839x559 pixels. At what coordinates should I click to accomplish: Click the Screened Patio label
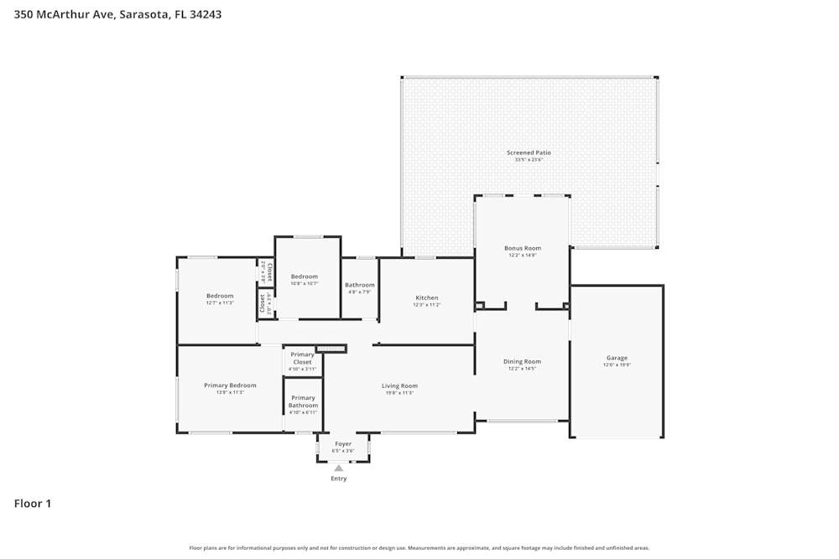529,153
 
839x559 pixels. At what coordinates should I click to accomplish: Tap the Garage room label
617,358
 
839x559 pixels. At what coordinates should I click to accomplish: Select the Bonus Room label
522,248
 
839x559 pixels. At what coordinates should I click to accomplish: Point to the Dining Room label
521,361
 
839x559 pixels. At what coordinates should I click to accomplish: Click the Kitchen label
426,298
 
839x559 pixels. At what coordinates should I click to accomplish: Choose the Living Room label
399,386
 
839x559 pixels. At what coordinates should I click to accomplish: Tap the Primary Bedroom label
230,385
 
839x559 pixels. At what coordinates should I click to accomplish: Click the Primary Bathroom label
303,401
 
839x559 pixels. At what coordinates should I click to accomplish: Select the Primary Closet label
302,358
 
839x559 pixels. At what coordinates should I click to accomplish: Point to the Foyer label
343,443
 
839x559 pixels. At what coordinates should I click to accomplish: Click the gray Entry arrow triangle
339,468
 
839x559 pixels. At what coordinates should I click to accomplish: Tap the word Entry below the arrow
339,479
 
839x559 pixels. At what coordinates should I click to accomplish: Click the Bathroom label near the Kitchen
360,285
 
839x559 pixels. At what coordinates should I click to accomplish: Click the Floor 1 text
33,504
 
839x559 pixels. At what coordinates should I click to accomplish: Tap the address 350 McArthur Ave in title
65,14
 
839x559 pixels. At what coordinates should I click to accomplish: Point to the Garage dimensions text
617,365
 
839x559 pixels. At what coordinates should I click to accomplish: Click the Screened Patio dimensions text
529,159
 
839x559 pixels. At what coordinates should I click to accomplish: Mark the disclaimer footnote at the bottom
419,548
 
